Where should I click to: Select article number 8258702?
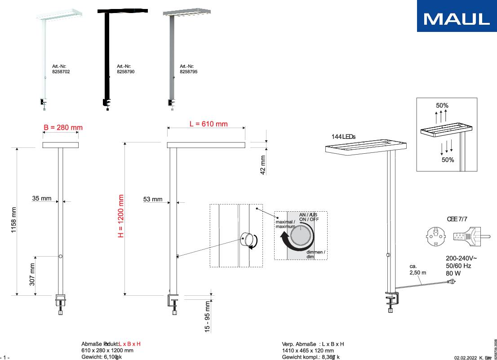point(61,71)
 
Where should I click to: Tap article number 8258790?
point(125,71)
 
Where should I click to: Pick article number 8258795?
point(188,71)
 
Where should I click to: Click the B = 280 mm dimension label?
point(63,128)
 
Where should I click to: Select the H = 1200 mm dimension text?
point(120,217)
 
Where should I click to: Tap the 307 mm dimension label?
point(32,275)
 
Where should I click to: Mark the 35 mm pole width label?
point(42,198)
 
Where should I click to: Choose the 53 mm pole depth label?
point(153,199)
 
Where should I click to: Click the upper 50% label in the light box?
point(442,106)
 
